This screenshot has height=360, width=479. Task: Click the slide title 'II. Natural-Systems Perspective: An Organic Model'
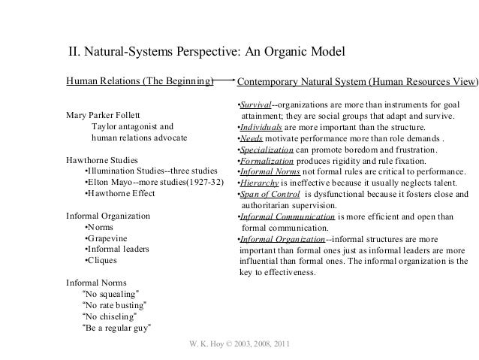click(x=206, y=53)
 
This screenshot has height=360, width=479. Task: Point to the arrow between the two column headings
click(x=224, y=77)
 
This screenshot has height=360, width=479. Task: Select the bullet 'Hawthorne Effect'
click(x=120, y=193)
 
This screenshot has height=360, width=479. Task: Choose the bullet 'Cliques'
click(x=106, y=260)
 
